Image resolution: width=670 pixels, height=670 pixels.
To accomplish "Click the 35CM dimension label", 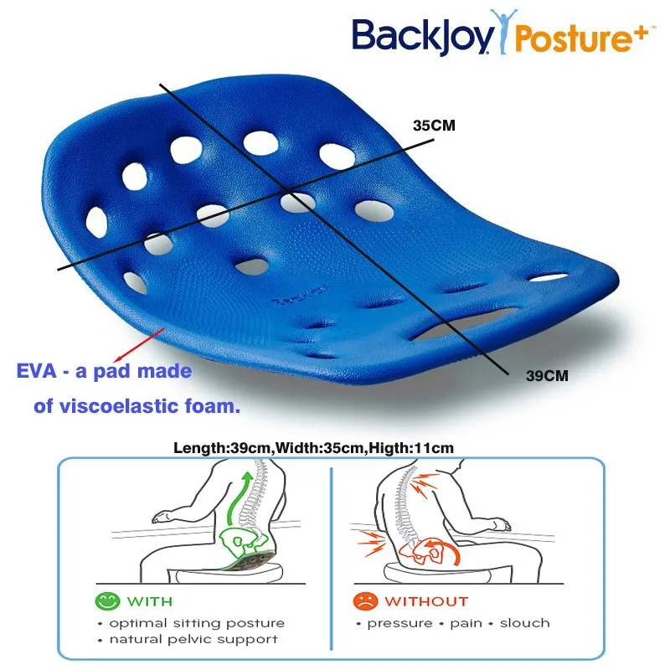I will point(433,126).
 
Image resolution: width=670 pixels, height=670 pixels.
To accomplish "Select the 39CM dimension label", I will point(547,376).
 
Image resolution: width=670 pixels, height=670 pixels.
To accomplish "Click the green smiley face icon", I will point(106,600).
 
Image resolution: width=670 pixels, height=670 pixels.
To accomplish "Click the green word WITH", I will point(150,600).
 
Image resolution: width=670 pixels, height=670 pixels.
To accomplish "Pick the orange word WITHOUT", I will point(426,600).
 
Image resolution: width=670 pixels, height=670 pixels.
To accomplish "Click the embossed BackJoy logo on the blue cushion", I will point(291,297).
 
